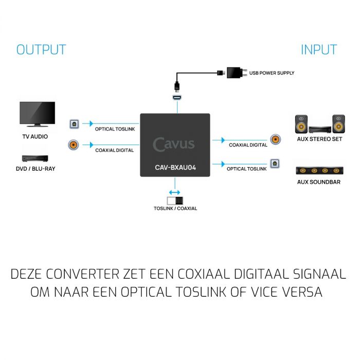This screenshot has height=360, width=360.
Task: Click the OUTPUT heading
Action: (x=41, y=49)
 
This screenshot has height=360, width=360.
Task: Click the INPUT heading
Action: (x=319, y=49)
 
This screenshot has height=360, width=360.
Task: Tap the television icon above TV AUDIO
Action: (x=37, y=114)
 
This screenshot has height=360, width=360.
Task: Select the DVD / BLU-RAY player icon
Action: (x=35, y=158)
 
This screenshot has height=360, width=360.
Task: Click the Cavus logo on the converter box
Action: (x=174, y=145)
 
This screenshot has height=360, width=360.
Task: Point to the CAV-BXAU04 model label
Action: (x=175, y=167)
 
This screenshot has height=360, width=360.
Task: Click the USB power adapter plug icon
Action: (x=237, y=73)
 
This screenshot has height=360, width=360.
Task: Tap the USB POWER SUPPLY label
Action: (x=272, y=73)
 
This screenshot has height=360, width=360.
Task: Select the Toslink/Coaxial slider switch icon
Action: (x=175, y=201)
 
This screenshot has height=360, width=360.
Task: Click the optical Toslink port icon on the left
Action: (x=74, y=124)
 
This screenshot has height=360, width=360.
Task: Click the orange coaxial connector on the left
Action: (x=74, y=145)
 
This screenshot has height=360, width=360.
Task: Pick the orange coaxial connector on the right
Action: (x=275, y=139)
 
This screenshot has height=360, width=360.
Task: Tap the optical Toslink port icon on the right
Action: (x=275, y=164)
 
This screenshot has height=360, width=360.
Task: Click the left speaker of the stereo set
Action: (x=301, y=124)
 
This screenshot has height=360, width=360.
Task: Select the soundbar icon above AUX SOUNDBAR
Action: (x=319, y=171)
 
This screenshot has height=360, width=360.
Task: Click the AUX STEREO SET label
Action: (x=319, y=139)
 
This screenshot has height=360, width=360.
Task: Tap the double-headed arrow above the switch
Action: (x=174, y=192)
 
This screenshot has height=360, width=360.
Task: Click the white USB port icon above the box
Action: (x=177, y=98)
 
